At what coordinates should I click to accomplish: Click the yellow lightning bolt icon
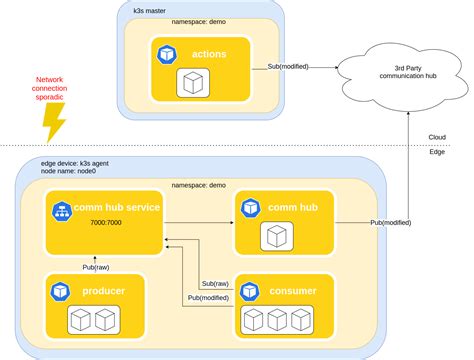[x=52, y=120]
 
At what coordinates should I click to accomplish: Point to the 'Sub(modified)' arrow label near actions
[x=288, y=66]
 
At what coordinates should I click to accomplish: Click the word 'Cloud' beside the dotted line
[x=437, y=138]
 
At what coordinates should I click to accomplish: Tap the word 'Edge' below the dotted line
[x=437, y=152]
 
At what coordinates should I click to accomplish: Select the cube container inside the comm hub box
[x=275, y=236]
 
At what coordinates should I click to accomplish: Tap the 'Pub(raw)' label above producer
[x=97, y=267]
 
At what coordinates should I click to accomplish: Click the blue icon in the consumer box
[x=250, y=291]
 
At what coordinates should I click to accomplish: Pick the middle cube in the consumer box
[x=275, y=320]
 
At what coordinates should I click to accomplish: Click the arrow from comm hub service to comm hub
[x=199, y=222]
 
